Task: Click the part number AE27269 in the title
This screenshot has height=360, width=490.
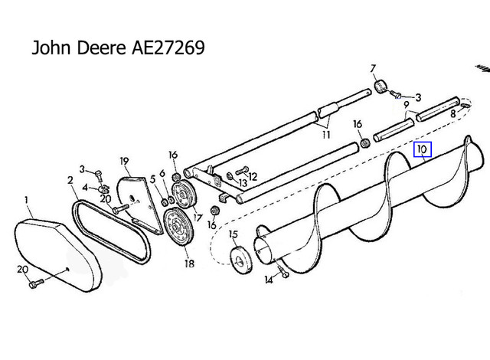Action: (x=168, y=47)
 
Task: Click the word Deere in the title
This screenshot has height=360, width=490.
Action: (x=102, y=47)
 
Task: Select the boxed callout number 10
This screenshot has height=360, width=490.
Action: (x=423, y=149)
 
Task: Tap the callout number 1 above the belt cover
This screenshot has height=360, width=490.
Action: (x=26, y=200)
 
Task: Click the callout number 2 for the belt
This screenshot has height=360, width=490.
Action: (x=70, y=180)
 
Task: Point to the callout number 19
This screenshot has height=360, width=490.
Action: (x=124, y=162)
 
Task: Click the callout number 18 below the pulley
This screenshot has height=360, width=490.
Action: (x=189, y=263)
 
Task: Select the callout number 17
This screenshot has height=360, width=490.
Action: (x=198, y=218)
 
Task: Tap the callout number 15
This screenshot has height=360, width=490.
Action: (x=234, y=234)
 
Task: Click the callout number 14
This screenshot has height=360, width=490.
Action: (x=269, y=280)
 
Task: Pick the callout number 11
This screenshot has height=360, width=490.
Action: (x=326, y=135)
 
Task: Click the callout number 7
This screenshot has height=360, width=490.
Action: (x=373, y=68)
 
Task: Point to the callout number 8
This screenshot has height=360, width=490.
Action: (x=453, y=114)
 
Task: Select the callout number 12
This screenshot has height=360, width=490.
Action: (x=253, y=177)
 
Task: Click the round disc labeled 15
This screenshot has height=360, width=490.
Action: (x=241, y=260)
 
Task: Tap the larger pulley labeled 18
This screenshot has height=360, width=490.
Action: (x=178, y=226)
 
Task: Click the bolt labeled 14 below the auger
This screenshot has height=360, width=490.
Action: (x=283, y=270)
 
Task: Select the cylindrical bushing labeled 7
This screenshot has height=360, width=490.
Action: (x=381, y=87)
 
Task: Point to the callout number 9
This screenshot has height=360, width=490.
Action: (x=407, y=105)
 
